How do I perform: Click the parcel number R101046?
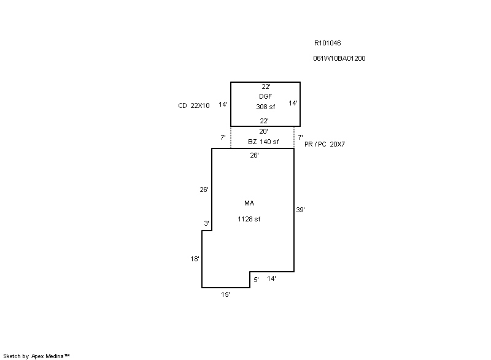pyautogui.click(x=327, y=43)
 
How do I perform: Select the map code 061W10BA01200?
pyautogui.click(x=339, y=58)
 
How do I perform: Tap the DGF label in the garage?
pyautogui.click(x=265, y=96)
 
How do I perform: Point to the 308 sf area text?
pyautogui.click(x=266, y=107)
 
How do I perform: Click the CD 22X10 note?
pyautogui.click(x=194, y=105)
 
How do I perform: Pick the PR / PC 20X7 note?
pyautogui.click(x=325, y=144)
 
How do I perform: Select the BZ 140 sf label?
pyautogui.click(x=263, y=142)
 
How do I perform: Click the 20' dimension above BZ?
pyautogui.click(x=263, y=131)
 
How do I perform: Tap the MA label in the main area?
pyautogui.click(x=249, y=203)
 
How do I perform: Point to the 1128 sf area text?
pyautogui.click(x=249, y=219)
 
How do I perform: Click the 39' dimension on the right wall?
pyautogui.click(x=300, y=210)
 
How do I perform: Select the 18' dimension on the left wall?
pyautogui.click(x=195, y=259)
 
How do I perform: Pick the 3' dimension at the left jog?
pyautogui.click(x=206, y=223)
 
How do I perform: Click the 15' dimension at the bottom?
pyautogui.click(x=225, y=294)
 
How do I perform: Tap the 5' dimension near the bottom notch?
pyautogui.click(x=256, y=280)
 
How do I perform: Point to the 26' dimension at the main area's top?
pyautogui.click(x=254, y=155)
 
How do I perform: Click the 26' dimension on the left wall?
pyautogui.click(x=204, y=190)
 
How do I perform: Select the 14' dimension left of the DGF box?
pyautogui.click(x=223, y=104)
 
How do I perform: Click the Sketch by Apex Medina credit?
pyautogui.click(x=36, y=356)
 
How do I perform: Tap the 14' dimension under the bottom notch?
pyautogui.click(x=271, y=278)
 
